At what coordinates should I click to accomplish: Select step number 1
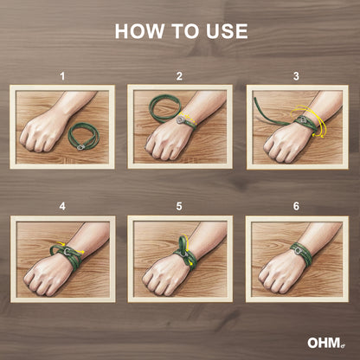click(62, 76)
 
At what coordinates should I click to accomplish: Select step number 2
click(179, 76)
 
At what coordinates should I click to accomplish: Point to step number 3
click(296, 76)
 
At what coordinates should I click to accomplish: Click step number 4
click(62, 206)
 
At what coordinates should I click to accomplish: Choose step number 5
click(179, 206)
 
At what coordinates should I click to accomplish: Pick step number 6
click(296, 206)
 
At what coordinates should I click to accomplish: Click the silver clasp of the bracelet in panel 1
click(80, 147)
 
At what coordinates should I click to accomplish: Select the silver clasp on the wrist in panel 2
click(181, 119)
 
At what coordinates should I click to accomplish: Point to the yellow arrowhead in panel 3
click(320, 136)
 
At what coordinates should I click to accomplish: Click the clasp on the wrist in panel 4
click(67, 252)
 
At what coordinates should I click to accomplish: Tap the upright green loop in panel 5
click(183, 245)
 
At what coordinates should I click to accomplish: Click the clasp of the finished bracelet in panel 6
click(298, 251)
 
